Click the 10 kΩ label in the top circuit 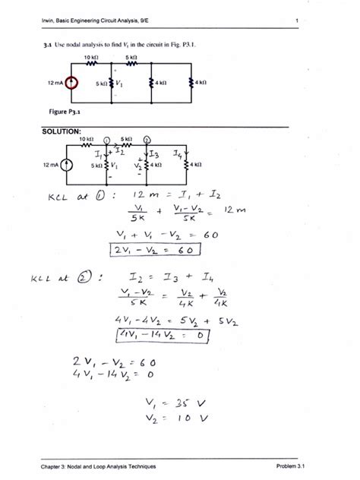pos(90,58)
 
